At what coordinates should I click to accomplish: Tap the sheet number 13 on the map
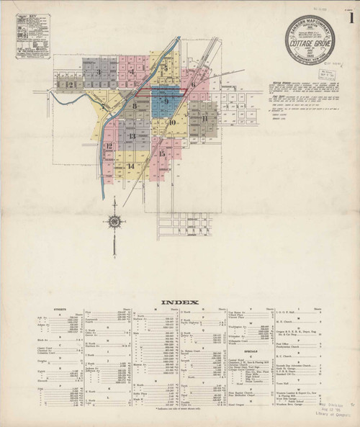coord(132,135)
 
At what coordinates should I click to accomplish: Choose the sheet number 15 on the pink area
coord(163,153)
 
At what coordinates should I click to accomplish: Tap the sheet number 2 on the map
coord(71,84)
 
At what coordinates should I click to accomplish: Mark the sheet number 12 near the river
coord(109,148)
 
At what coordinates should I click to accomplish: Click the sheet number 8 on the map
coord(135,107)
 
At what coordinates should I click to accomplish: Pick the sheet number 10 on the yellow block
coord(173,122)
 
